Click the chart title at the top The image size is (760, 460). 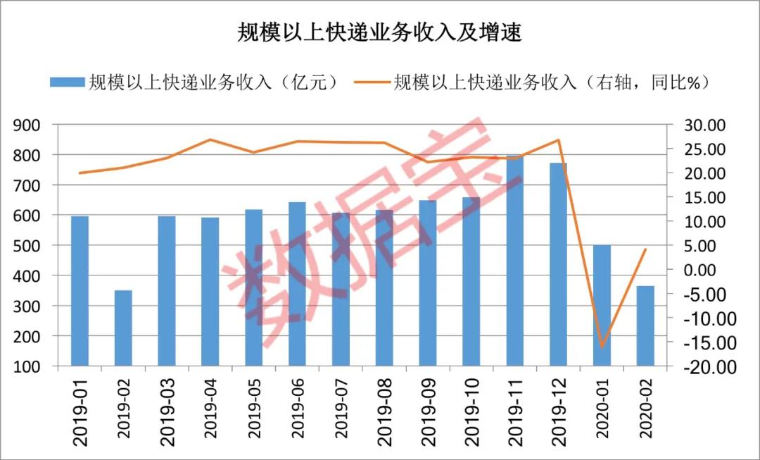380,32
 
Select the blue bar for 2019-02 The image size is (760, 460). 123,328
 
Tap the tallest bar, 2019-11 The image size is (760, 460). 514,261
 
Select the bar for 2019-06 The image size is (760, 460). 297,284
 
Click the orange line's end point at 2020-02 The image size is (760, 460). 645,249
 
